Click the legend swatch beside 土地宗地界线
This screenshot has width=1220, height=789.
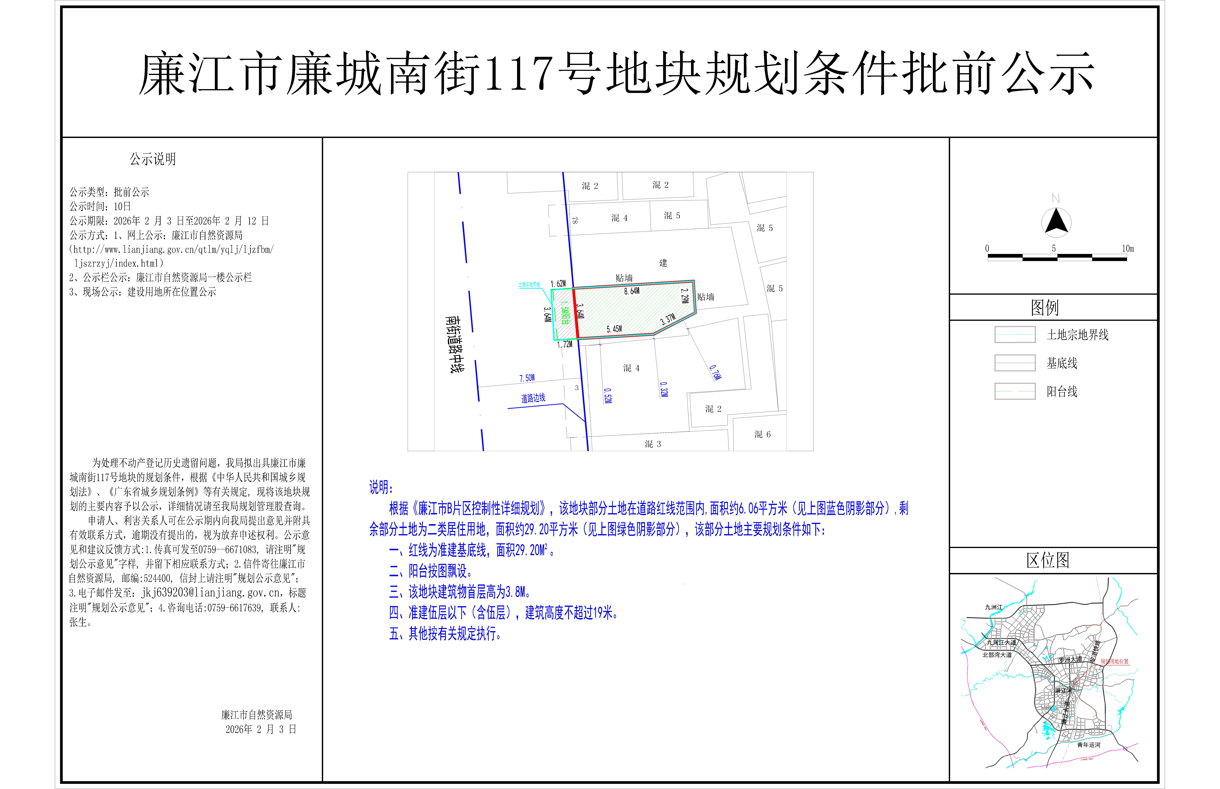(1015, 335)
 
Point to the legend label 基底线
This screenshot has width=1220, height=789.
(1062, 363)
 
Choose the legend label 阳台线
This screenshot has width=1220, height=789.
(1062, 391)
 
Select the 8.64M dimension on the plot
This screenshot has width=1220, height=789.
(632, 291)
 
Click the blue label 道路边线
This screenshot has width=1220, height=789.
(533, 398)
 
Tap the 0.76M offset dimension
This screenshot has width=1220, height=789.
(715, 372)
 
